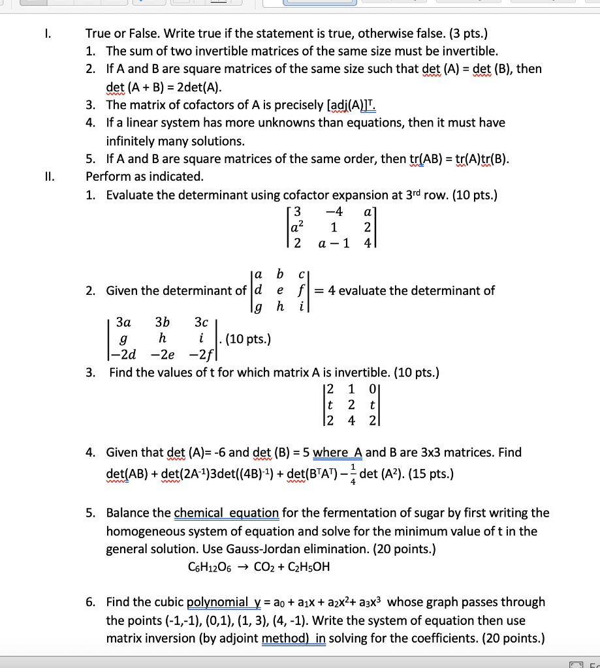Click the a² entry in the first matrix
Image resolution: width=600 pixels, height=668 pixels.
pyautogui.click(x=298, y=228)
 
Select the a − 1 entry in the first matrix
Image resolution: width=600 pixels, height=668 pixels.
pyautogui.click(x=334, y=243)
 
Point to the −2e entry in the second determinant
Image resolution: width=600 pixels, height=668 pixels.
pyautogui.click(x=163, y=354)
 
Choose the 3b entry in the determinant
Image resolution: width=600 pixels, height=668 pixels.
pyautogui.click(x=163, y=322)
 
